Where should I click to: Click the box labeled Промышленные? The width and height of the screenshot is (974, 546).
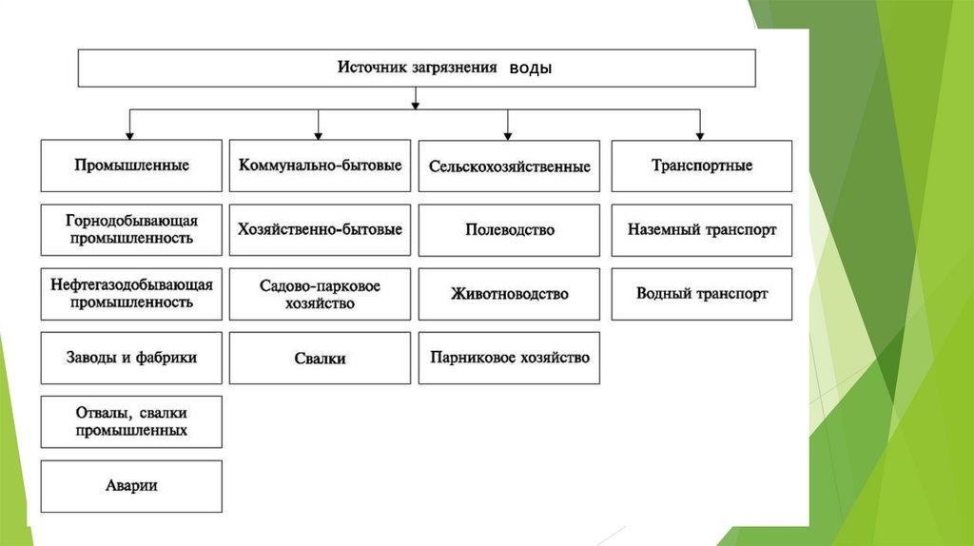point(131,166)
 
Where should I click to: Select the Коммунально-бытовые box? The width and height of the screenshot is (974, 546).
point(320,166)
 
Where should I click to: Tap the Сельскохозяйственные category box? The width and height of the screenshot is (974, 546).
point(509,166)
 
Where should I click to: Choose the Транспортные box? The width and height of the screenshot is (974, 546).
point(701,166)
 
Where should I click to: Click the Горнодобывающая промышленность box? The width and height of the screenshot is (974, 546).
point(131,229)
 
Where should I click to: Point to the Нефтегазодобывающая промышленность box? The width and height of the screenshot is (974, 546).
point(131,294)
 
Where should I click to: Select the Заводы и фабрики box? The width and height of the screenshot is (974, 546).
point(131,358)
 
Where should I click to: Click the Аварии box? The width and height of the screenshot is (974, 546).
point(131,486)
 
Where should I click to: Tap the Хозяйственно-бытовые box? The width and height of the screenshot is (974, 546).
point(320,229)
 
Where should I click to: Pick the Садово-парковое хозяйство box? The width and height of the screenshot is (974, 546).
point(320,294)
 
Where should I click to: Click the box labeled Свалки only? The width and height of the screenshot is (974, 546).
point(320,359)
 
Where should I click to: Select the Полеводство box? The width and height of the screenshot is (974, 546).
point(509,229)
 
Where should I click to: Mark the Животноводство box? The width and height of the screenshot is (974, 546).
point(509,294)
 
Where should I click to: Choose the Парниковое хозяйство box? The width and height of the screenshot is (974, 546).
point(509,358)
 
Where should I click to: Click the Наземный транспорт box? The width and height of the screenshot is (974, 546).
point(701,229)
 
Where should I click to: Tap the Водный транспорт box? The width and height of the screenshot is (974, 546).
point(701,294)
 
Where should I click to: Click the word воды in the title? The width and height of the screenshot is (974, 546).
point(530,68)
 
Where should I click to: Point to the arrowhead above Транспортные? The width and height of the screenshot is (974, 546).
point(700,135)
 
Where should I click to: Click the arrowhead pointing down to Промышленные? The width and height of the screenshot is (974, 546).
point(130,135)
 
